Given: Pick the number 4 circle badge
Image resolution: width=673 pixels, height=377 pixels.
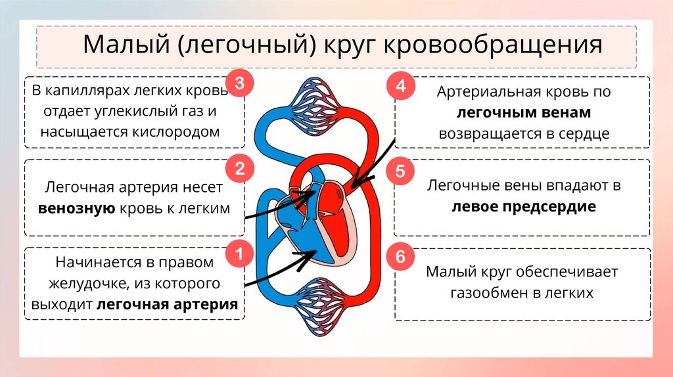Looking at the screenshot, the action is pos(400,86).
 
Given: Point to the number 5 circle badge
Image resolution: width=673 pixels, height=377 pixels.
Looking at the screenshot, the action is pos(400,173).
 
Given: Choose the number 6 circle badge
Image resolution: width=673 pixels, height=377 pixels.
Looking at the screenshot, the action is pos(400,257).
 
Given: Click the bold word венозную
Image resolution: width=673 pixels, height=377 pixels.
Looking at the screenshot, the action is pos(77,209).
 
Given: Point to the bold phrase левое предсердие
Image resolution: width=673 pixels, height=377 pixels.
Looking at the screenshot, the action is pos(523,207).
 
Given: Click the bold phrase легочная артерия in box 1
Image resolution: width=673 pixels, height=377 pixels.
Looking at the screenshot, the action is pos(167,305).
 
